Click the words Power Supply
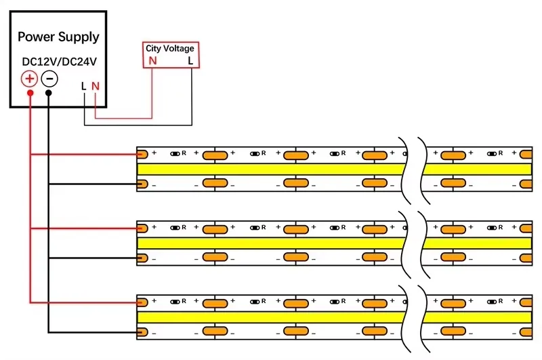tap(58, 37)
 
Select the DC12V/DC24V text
tap(59, 62)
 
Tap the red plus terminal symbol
tap(30, 79)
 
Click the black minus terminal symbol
tap(49, 79)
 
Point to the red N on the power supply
tap(96, 86)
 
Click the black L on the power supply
tap(83, 86)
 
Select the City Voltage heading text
tap(170, 48)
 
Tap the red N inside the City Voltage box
tap(152, 60)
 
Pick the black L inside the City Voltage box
tap(190, 60)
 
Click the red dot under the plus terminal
tap(30, 92)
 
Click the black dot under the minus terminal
tap(49, 92)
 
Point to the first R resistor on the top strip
tap(178, 154)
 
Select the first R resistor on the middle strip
tap(178, 227)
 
